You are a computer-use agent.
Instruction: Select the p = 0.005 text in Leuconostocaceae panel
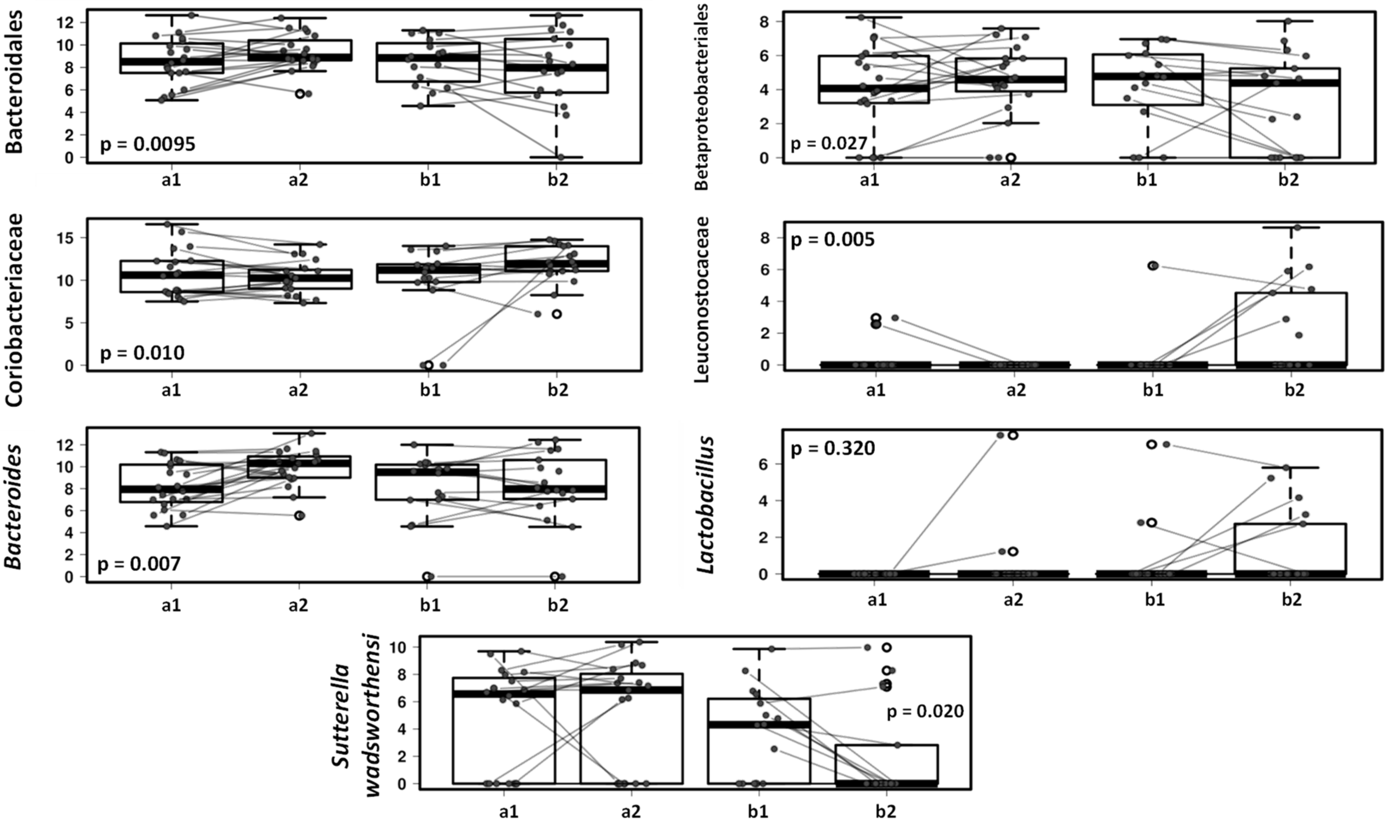pos(833,240)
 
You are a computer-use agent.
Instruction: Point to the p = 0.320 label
pos(833,448)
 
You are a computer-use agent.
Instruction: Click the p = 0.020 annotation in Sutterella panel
pos(925,711)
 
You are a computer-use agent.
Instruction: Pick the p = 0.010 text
pos(142,353)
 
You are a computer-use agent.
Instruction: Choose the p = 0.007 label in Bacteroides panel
pos(139,564)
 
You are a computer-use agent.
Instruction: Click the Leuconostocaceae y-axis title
pos(703,299)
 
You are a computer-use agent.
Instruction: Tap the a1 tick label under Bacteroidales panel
pos(171,182)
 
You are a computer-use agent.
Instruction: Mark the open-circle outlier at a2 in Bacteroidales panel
pos(300,94)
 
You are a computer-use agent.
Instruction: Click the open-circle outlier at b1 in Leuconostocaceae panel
pos(1153,265)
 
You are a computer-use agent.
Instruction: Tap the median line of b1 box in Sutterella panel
pos(758,724)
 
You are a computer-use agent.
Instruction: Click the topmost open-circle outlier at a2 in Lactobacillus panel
pos(1013,435)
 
